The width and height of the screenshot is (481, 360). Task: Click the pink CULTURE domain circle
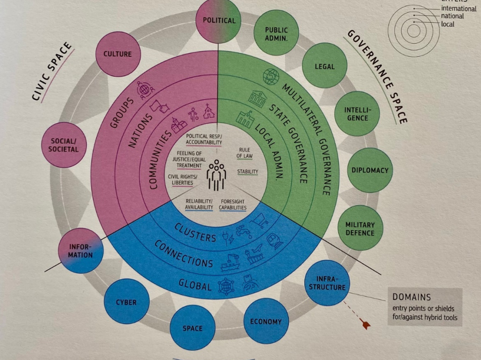coord(118,54)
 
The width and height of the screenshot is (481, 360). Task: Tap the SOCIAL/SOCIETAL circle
coord(64,145)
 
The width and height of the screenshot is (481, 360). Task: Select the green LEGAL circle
coord(325,66)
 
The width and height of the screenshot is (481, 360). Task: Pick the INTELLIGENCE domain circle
coord(357,114)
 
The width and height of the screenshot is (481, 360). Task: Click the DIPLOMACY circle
coord(370,170)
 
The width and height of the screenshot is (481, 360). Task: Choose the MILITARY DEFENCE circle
coord(360,228)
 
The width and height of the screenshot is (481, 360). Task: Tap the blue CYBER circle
coord(127,301)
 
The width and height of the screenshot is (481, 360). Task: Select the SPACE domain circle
coord(193,328)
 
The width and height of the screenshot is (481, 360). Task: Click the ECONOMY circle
coord(266,321)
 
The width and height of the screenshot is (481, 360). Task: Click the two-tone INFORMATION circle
coord(81,251)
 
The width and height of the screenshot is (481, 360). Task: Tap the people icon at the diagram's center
coord(217,175)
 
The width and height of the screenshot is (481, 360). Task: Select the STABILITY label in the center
coord(248,172)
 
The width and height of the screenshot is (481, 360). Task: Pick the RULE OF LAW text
coord(244,153)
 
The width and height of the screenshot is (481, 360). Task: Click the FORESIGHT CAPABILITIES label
coord(233,204)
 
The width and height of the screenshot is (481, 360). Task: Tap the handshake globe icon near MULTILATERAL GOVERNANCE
coord(271,77)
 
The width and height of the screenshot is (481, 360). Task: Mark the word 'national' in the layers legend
coord(452,16)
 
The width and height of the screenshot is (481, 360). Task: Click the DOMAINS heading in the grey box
coord(411,297)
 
